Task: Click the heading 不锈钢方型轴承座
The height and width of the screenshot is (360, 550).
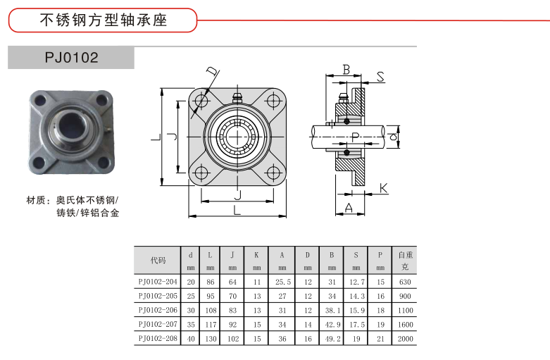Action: (x=102, y=20)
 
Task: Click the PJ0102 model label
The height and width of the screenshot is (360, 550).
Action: (x=71, y=57)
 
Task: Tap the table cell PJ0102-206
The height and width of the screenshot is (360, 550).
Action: (x=158, y=310)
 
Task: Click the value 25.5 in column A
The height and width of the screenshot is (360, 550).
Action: (x=282, y=282)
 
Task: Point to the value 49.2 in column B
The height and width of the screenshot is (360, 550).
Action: (x=331, y=339)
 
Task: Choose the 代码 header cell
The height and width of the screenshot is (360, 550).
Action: (x=158, y=260)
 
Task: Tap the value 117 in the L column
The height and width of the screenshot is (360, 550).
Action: (x=210, y=325)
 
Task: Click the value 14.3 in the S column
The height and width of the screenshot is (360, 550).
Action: (x=356, y=296)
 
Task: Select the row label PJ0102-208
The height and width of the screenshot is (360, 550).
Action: (x=158, y=339)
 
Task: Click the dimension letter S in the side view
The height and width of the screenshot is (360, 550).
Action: (x=380, y=77)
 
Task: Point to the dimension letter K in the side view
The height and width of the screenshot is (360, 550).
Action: (x=383, y=188)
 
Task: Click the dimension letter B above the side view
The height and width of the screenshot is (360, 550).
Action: (x=346, y=69)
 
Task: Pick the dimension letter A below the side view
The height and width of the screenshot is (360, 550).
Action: (x=348, y=208)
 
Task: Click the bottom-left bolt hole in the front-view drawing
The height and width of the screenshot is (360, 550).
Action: (x=202, y=171)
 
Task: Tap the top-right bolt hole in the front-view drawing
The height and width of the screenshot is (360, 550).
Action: (x=272, y=101)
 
